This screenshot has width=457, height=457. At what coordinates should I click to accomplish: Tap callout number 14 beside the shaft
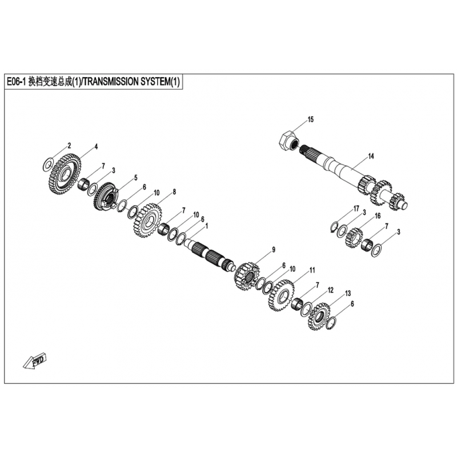tap(371, 156)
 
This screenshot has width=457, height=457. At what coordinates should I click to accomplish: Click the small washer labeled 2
tap(48, 165)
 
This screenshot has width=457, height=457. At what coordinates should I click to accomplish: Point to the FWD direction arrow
tap(35, 362)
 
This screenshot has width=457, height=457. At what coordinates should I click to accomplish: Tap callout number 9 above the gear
tap(274, 250)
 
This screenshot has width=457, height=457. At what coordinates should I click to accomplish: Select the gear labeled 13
tap(319, 316)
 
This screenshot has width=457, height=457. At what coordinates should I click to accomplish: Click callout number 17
tap(356, 209)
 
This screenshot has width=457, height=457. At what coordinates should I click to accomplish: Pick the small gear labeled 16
tap(354, 238)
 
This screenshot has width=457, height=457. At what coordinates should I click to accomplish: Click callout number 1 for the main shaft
tap(207, 226)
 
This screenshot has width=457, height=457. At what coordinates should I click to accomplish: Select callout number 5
tap(135, 178)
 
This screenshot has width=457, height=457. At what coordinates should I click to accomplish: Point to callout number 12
tap(330, 290)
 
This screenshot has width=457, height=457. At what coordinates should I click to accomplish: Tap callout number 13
tap(348, 293)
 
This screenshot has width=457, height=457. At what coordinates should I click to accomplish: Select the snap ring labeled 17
tap(335, 227)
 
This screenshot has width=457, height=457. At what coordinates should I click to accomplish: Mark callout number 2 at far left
tap(69, 145)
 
